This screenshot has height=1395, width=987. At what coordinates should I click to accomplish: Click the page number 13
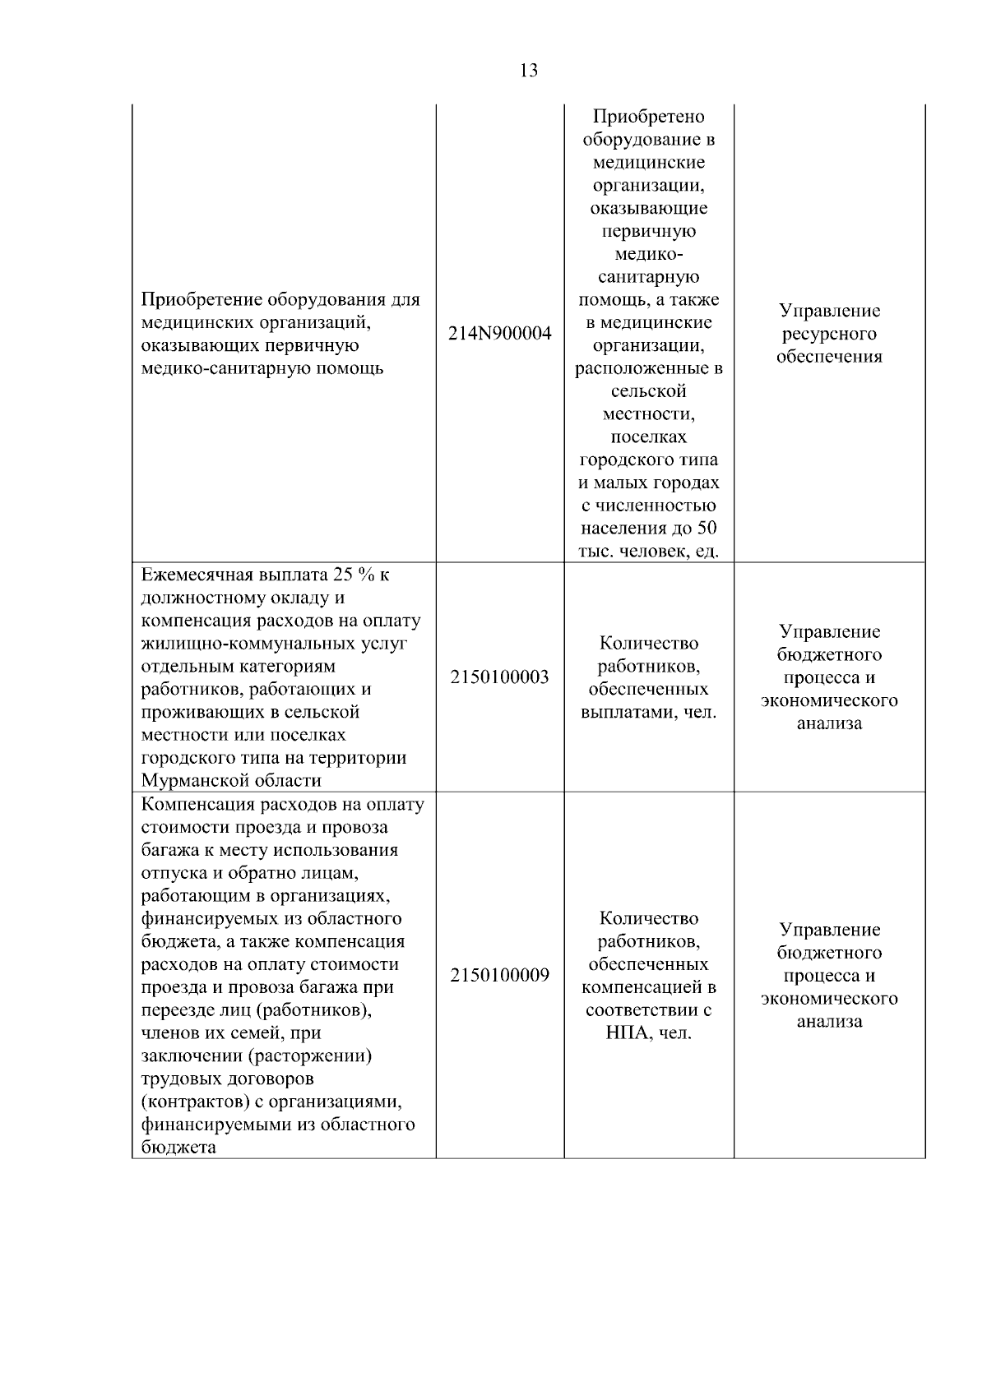529,71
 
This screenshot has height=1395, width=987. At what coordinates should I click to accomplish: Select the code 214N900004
500,334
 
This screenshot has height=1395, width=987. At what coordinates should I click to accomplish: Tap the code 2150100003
500,677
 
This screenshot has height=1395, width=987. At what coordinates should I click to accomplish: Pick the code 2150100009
500,976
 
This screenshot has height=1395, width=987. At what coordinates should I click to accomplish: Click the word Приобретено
648,117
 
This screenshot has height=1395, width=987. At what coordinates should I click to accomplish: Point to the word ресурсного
829,334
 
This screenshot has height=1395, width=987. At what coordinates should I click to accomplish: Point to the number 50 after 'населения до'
707,528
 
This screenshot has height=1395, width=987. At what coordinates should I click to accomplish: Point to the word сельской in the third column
648,391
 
